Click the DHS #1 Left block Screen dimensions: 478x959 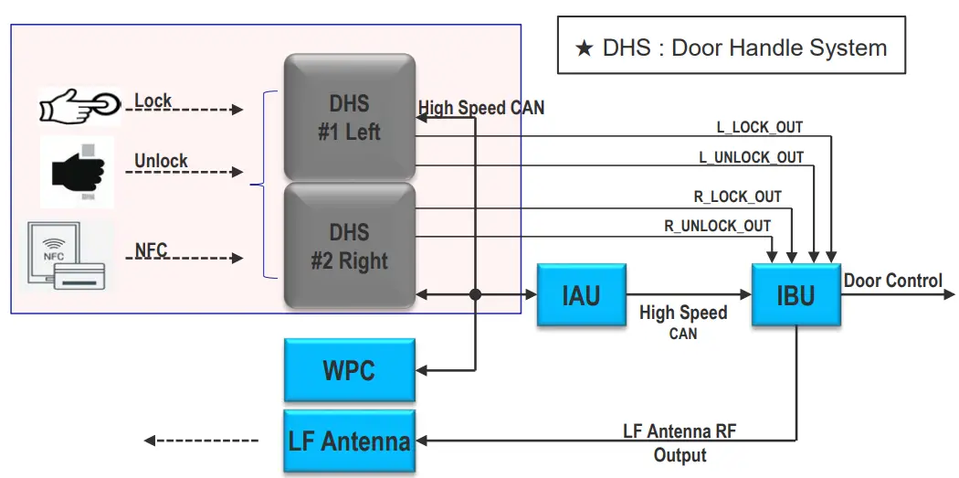pyautogui.click(x=349, y=118)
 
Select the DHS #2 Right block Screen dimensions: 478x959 pyautogui.click(x=349, y=246)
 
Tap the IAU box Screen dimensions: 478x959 pyautogui.click(x=581, y=294)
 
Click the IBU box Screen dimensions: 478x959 pyautogui.click(x=796, y=294)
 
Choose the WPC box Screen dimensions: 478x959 pyautogui.click(x=349, y=370)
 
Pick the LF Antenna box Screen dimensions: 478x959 pyautogui.click(x=349, y=441)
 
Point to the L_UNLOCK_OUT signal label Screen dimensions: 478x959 pyautogui.click(x=751, y=157)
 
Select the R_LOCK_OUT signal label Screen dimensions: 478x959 pyautogui.click(x=738, y=197)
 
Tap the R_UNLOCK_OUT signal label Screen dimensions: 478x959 pyautogui.click(x=717, y=226)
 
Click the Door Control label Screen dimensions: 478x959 pyautogui.click(x=892, y=281)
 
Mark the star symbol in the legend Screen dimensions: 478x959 pyautogui.click(x=585, y=48)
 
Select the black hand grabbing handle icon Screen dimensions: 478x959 pyautogui.click(x=77, y=171)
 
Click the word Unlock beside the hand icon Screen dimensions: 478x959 pyautogui.click(x=161, y=161)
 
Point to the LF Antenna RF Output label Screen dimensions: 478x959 pyautogui.click(x=680, y=442)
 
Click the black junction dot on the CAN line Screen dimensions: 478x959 pyautogui.click(x=475, y=295)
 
